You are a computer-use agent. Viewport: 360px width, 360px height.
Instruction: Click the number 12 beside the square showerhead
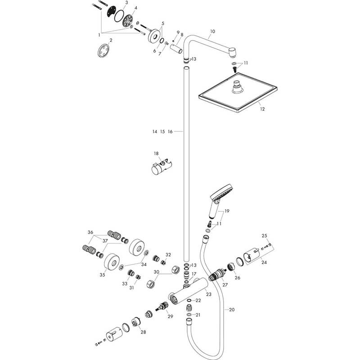click(x=262, y=109)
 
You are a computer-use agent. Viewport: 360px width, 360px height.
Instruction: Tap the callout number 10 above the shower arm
click(x=212, y=31)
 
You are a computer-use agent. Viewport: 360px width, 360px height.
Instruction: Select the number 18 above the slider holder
click(x=156, y=153)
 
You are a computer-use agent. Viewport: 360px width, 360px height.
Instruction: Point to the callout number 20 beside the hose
click(x=232, y=310)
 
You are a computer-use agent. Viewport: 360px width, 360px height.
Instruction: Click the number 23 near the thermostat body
click(x=208, y=294)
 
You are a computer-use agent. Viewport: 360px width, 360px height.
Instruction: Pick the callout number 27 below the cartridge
click(x=225, y=285)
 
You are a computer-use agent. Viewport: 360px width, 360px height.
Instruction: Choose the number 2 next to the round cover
click(x=111, y=40)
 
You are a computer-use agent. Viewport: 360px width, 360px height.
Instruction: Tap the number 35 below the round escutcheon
click(x=102, y=274)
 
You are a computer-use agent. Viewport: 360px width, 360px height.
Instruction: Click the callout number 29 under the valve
click(x=170, y=316)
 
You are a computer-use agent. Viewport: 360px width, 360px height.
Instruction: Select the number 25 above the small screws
click(x=265, y=236)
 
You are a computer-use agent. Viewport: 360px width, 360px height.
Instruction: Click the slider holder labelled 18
click(x=162, y=166)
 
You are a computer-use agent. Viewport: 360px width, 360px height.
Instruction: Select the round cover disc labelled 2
click(x=103, y=50)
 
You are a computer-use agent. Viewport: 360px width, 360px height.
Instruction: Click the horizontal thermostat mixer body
click(x=188, y=290)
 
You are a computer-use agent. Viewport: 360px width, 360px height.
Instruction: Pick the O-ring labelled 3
click(x=119, y=16)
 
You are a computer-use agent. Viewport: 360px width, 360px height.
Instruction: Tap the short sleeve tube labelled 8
click(x=176, y=49)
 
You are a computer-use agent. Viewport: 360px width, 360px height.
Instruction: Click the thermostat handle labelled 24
click(x=251, y=256)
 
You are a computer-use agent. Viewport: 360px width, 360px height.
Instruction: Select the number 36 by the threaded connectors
click(x=90, y=232)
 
